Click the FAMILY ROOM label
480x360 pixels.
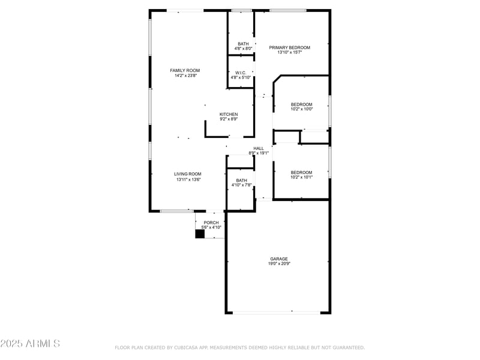pos(185,71)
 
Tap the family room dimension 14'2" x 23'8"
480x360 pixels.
pos(185,76)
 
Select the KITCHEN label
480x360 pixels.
pos(229,115)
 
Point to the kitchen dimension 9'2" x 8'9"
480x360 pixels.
pos(229,119)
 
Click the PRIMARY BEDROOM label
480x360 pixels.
pos(289,47)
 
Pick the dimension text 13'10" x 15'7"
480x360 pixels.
pos(289,52)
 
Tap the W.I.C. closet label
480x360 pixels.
pos(241,73)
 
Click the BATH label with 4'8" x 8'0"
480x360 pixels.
pos(243,44)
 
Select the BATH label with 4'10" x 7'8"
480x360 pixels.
pos(241,180)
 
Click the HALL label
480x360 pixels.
pos(259,148)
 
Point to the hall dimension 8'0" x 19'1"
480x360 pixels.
pos(259,153)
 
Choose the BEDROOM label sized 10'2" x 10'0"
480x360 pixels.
pos(301,104)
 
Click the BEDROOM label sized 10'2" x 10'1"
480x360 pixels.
pos(301,172)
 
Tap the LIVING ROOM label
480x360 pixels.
pos(188,174)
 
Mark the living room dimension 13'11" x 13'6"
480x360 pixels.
pos(188,179)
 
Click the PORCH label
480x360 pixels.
pos(211,223)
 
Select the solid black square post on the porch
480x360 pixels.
pos(200,234)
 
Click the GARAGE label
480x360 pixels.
pos(278,259)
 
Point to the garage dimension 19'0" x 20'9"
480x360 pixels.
pos(278,263)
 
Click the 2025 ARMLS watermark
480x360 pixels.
pos(30,344)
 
